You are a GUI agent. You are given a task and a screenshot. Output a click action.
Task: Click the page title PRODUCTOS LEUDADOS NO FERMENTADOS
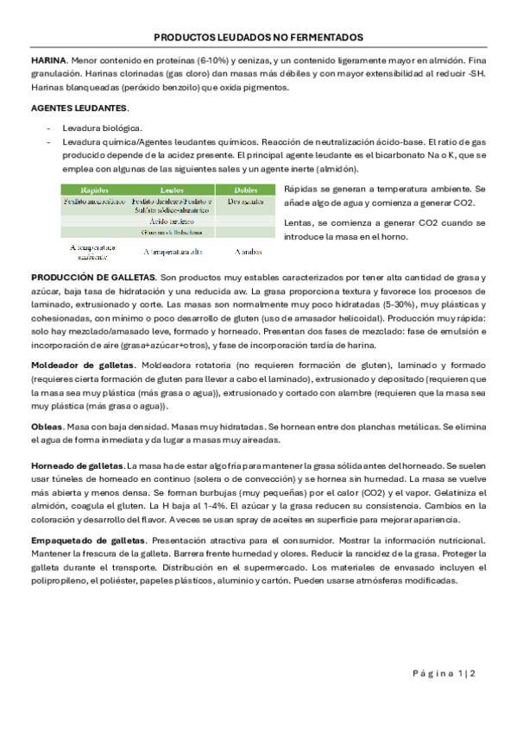tap(258, 39)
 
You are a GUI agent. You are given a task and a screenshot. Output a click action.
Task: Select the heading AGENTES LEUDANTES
tap(79, 108)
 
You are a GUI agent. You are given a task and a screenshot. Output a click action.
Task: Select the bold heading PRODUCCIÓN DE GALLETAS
tap(93, 277)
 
